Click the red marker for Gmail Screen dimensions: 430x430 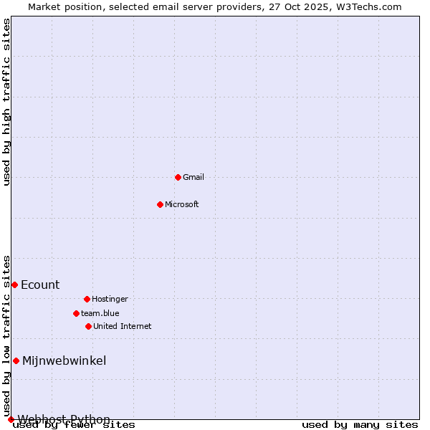[x=178, y=177]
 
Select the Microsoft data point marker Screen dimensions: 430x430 [x=160, y=204]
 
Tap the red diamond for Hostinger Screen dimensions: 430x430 [x=87, y=299]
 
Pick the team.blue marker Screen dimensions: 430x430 [x=76, y=313]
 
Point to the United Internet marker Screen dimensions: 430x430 [x=88, y=326]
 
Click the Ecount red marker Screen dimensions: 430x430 [x=14, y=285]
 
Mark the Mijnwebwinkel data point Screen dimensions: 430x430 [x=16, y=360]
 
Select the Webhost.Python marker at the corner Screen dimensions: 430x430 [x=11, y=419]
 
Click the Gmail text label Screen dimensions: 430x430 [x=193, y=178]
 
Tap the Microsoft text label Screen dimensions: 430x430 [x=182, y=205]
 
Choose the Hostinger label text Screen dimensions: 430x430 [x=110, y=300]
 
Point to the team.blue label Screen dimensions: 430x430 [x=100, y=314]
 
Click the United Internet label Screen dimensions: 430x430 [x=123, y=327]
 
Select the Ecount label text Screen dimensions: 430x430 [x=40, y=285]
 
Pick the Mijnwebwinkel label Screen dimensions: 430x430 [x=64, y=361]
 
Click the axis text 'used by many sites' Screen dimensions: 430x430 [x=360, y=425]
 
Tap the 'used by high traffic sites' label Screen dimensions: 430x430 [x=7, y=102]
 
